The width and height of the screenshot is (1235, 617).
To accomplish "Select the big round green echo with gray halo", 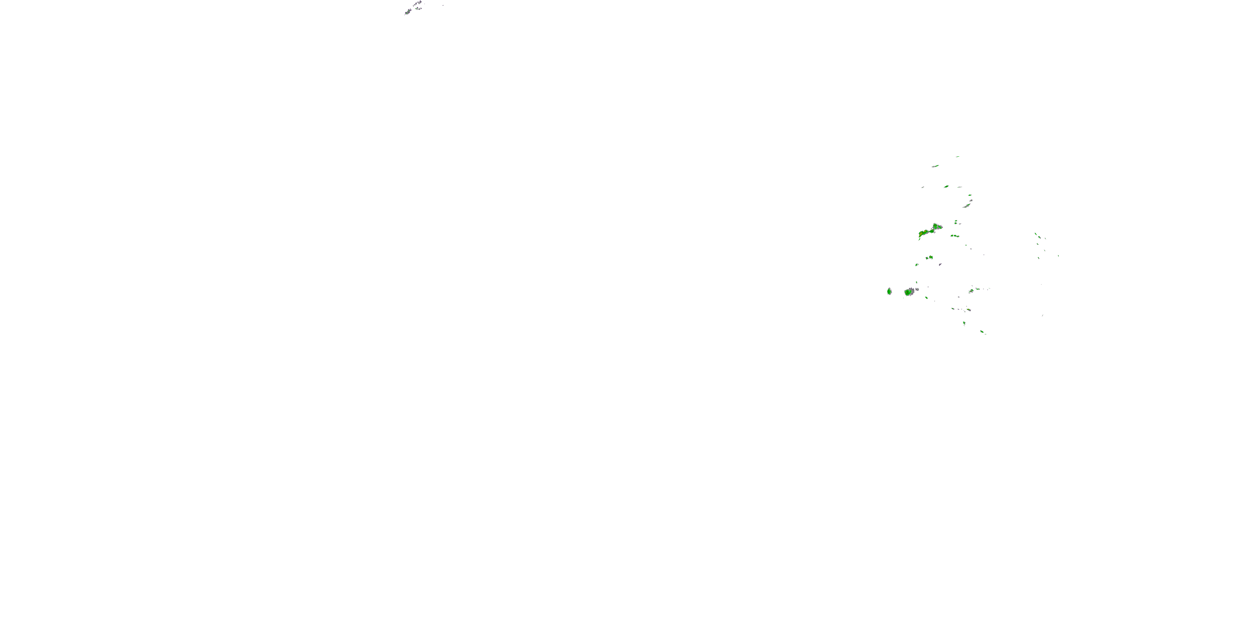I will pyautogui.click(x=908, y=292).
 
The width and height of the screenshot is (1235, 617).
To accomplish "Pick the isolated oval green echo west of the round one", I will pyautogui.click(x=889, y=291).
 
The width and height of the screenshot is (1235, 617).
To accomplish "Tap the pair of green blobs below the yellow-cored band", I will pyautogui.click(x=929, y=257).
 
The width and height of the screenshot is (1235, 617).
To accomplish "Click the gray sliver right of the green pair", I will pyautogui.click(x=940, y=264).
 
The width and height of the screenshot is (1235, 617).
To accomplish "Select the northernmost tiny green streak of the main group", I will pyautogui.click(x=958, y=156).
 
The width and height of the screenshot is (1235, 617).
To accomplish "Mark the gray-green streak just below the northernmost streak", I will pyautogui.click(x=935, y=166).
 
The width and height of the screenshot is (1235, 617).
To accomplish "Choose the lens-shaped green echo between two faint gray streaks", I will pyautogui.click(x=946, y=187).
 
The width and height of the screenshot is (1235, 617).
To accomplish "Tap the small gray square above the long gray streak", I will pyautogui.click(x=970, y=195).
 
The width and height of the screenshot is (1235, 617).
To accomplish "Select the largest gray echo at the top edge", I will pyautogui.click(x=408, y=12).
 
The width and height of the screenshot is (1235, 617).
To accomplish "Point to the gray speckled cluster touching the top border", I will pyautogui.click(x=418, y=3).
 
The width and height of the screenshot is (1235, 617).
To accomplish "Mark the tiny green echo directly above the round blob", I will pyautogui.click(x=917, y=282).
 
